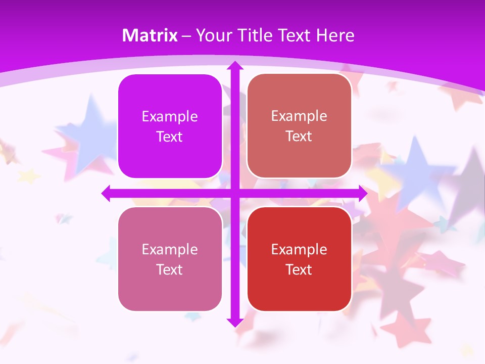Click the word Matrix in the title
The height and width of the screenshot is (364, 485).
coord(150,35)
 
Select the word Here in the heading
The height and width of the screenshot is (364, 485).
coord(335,35)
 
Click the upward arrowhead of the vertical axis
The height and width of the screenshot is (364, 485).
coord(234,66)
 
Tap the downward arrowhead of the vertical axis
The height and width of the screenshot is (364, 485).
coord(234,322)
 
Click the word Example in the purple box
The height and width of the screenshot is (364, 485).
coord(170,117)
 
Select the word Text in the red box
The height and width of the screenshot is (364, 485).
coord(299,269)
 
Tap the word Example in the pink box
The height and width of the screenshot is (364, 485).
coord(170,249)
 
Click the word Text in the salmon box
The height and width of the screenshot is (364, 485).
coord(299,136)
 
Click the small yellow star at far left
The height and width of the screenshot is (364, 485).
coord(29,175)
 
